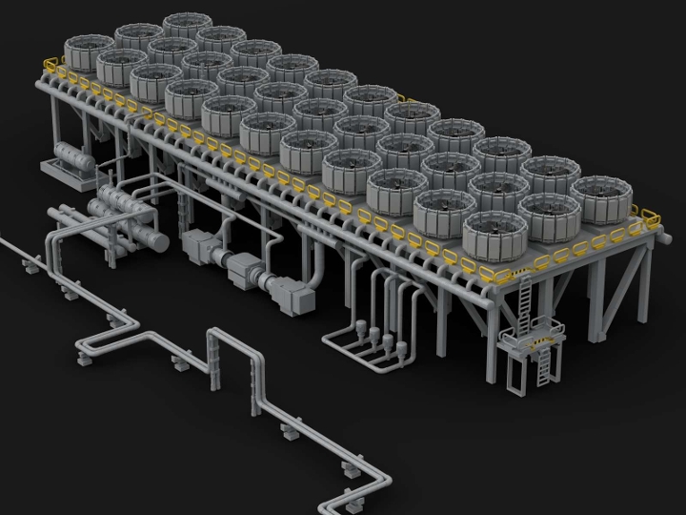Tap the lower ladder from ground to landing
coord(546,365)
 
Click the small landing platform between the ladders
coord(530,339)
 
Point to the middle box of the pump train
coord(244,269)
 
